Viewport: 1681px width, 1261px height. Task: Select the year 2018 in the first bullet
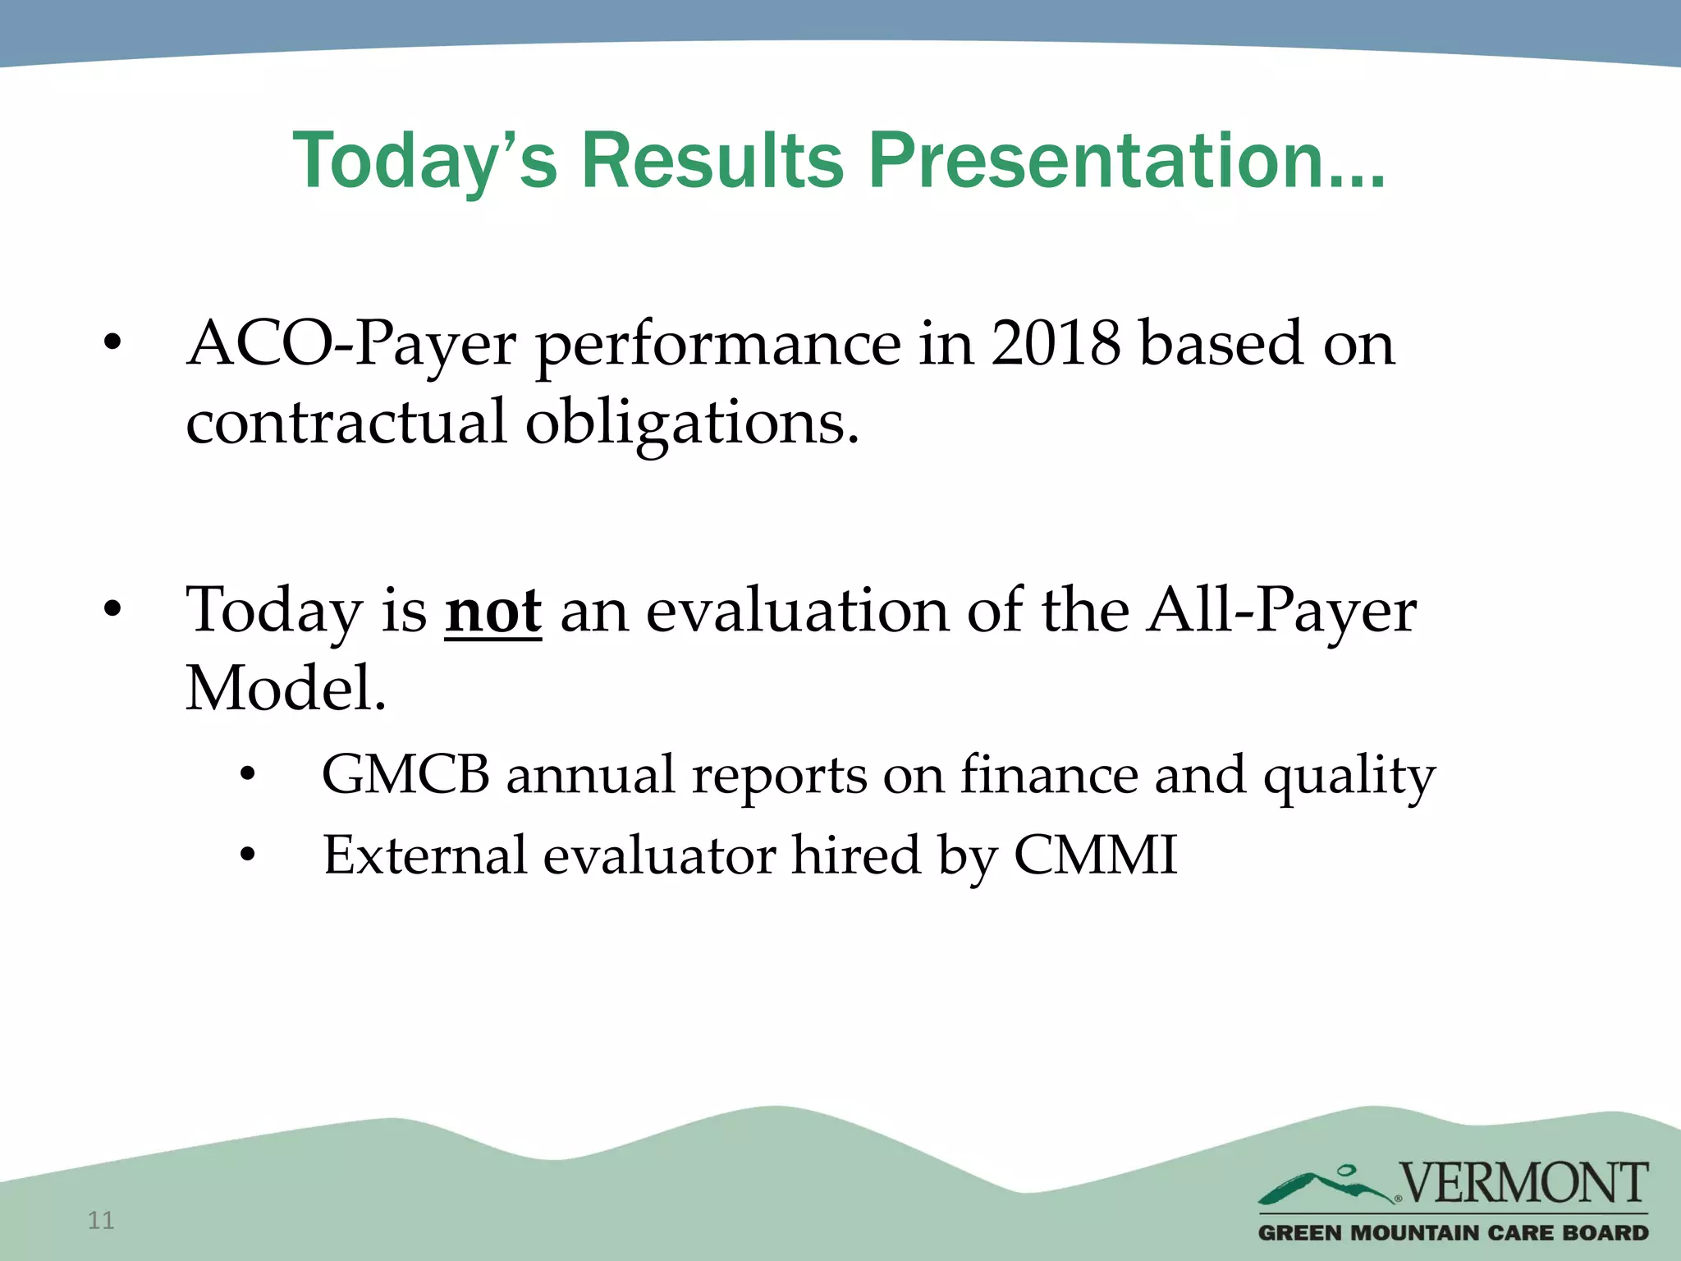point(1056,343)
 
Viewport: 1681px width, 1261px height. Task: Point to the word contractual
point(346,422)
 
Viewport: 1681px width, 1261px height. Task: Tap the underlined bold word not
point(492,612)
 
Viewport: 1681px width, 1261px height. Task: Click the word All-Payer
point(1281,612)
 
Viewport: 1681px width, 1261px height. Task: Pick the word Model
point(285,688)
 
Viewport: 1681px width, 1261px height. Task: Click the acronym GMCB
point(405,774)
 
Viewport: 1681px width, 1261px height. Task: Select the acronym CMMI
point(1096,855)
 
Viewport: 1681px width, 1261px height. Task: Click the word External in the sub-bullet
point(424,855)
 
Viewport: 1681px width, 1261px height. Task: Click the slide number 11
point(101,1221)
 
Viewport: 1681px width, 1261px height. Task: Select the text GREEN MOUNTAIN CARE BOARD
point(1453,1233)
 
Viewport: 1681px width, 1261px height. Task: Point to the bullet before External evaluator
point(248,856)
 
